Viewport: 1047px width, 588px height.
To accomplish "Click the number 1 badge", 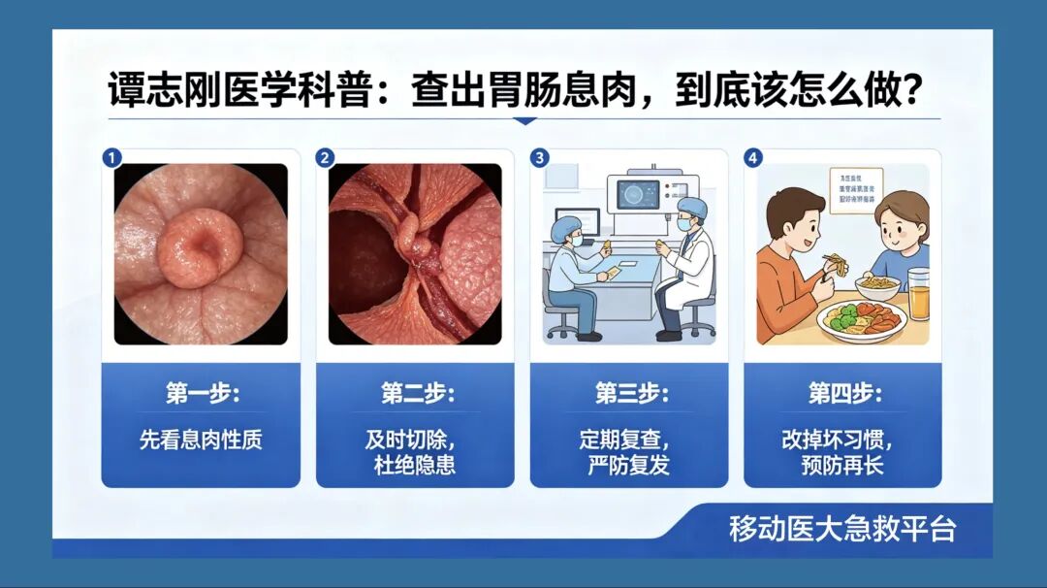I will tap(113, 158).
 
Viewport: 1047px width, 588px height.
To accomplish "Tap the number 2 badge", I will tap(326, 158).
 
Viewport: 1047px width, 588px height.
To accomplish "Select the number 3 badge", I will tap(540, 158).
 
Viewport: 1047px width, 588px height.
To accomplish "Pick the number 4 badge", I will tap(753, 158).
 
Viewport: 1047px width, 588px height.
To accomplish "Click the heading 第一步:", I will tap(202, 395).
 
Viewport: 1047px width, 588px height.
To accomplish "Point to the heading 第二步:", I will tap(416, 395).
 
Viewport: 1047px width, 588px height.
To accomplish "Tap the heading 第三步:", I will tap(630, 395).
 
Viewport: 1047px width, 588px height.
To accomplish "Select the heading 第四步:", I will tap(843, 395).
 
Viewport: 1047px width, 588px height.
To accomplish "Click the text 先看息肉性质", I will tap(201, 440).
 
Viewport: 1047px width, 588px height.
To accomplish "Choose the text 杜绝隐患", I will tap(415, 464).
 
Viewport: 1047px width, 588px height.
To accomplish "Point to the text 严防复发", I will tap(629, 464).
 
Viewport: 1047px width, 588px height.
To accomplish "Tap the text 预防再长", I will tap(842, 464).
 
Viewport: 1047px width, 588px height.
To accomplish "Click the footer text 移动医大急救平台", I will tap(842, 530).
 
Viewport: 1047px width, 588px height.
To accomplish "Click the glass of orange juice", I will tap(918, 294).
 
